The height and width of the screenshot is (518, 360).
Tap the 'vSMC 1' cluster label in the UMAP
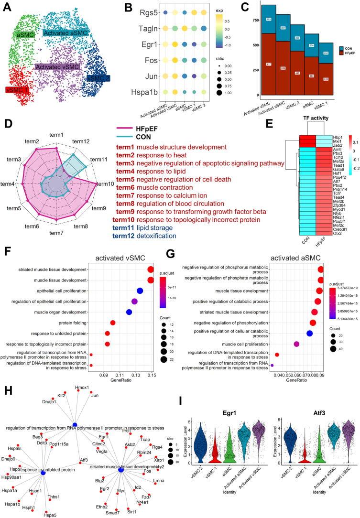[17, 90]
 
